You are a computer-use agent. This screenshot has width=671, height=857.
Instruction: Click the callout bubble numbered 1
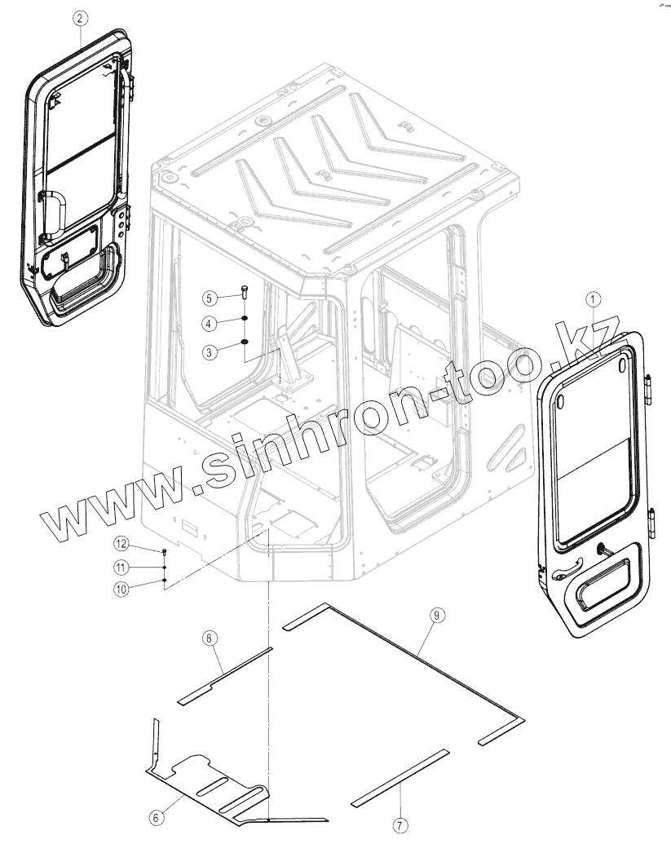(x=593, y=299)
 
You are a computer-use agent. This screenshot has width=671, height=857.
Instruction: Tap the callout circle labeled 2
(x=79, y=16)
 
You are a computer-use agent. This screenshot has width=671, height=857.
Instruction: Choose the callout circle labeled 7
(x=400, y=825)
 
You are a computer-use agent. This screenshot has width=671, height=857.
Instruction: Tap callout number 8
(x=211, y=639)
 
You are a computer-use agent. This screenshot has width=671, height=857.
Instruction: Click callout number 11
(x=121, y=567)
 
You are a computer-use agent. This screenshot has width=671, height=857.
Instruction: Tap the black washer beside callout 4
(x=245, y=320)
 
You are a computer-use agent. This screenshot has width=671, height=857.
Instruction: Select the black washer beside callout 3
(x=245, y=343)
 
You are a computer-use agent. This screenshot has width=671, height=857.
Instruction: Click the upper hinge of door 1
(x=650, y=389)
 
